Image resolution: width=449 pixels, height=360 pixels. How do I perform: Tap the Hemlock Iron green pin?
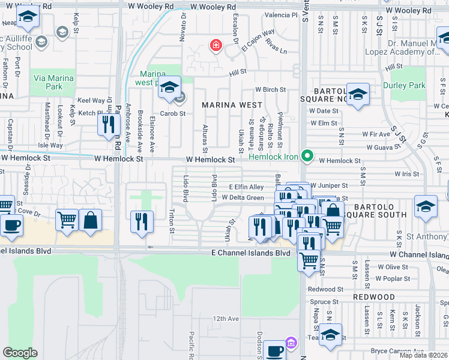[308, 157]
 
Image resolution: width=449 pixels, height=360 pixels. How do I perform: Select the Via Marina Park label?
[54, 82]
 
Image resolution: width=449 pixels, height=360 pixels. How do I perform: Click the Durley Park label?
[422, 86]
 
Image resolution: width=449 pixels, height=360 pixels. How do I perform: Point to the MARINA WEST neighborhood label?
[232, 105]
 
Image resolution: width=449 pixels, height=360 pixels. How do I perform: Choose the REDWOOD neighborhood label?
[373, 297]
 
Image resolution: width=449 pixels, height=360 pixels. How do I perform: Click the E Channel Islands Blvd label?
[250, 253]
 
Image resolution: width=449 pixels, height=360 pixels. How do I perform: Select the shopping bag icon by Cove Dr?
[90, 220]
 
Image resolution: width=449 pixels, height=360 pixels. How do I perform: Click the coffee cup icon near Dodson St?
[275, 350]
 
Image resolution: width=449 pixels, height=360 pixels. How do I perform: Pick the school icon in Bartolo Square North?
[358, 94]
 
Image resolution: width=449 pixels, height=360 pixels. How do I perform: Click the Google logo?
[20, 353]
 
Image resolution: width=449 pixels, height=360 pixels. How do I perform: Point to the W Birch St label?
[270, 90]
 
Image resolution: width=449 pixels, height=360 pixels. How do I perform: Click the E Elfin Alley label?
[247, 187]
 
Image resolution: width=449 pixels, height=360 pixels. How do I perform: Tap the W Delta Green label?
[243, 198]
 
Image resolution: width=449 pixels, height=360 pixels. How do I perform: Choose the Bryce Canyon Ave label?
[395, 350]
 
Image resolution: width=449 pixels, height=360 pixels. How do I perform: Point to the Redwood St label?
[325, 289]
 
